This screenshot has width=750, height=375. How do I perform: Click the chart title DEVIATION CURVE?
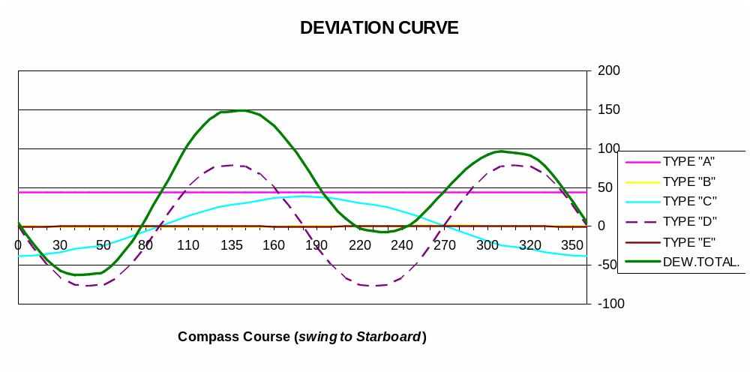pos(379,28)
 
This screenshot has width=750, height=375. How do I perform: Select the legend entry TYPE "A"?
pos(688,161)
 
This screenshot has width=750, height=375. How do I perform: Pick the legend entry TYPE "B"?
pos(688,181)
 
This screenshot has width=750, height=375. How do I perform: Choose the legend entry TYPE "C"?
pos(689,201)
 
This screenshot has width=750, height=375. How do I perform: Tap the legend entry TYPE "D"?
pos(689,221)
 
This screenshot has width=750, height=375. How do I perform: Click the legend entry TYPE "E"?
pos(688,241)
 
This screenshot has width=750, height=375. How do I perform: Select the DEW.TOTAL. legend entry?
pos(701,262)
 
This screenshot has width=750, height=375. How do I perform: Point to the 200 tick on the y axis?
pos(609,70)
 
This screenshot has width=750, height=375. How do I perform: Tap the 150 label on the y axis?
pos(609,109)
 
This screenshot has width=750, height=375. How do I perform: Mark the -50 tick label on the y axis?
pos(608,265)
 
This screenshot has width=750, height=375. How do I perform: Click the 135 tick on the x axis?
pos(231,245)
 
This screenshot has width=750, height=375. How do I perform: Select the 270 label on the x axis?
pos(445,245)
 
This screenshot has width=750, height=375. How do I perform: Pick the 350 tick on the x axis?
pos(572,245)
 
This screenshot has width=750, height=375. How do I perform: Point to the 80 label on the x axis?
pos(145,245)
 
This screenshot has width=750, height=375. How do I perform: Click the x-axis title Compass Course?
pos(233,337)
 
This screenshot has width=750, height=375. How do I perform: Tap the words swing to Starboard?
pos(360,337)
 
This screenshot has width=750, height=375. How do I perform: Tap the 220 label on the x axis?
pos(360,245)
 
